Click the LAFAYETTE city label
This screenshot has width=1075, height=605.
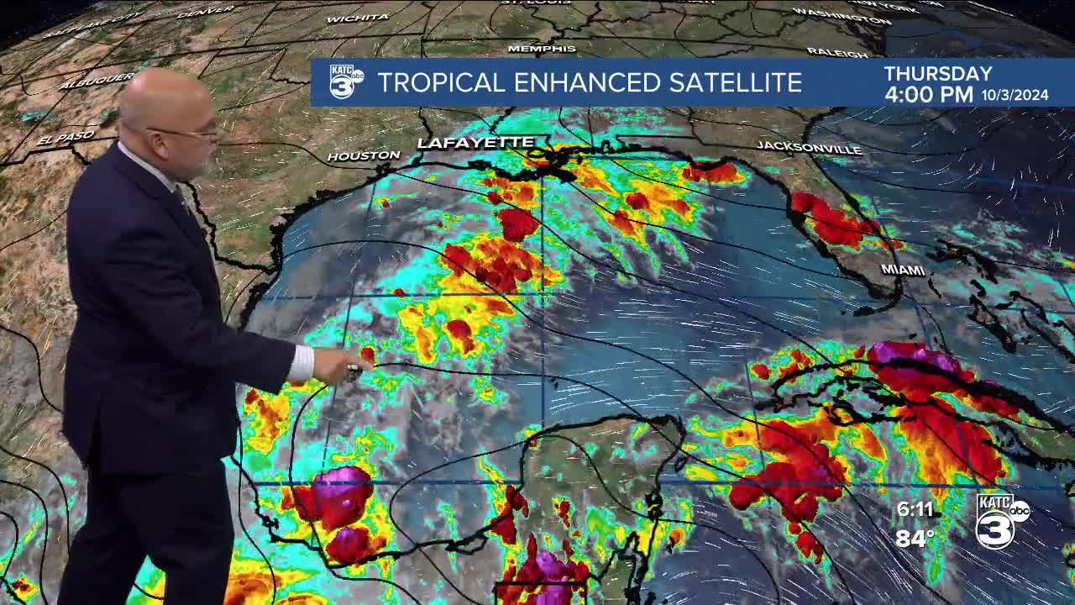pos(475,143)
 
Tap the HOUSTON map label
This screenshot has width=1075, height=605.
pos(363,155)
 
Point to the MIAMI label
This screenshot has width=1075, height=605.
pos(903,270)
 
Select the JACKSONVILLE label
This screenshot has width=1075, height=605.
pos(809,148)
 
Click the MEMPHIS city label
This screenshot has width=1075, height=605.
pos(542,49)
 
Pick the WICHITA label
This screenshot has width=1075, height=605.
pos(358,18)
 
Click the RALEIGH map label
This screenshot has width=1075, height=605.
pos(837,53)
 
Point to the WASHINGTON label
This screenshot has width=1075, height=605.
pos(830,13)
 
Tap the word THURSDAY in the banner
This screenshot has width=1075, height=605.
pos(938,74)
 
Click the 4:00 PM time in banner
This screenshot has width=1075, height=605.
pos(929,94)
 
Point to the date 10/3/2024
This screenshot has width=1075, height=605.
pos(1015,96)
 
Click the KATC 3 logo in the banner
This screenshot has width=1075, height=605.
pos(345,82)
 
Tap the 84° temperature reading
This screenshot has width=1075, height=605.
pos(915,538)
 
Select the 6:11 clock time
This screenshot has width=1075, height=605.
pos(915,509)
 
